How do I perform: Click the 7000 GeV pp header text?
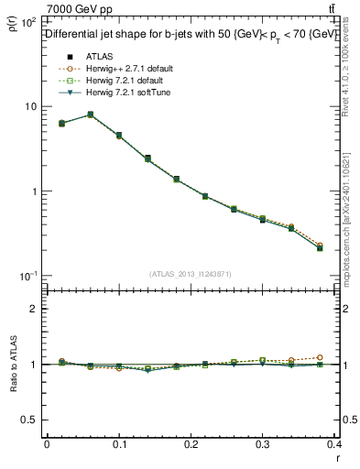click(x=81, y=9)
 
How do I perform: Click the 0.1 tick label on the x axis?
click(x=119, y=444)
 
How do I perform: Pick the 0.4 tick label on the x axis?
click(x=336, y=444)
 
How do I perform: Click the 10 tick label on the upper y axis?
click(x=29, y=107)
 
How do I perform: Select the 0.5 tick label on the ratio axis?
click(x=27, y=420)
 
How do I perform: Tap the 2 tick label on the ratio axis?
click(x=32, y=309)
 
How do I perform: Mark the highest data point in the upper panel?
click(x=90, y=115)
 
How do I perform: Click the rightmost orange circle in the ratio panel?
click(x=345, y=357)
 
